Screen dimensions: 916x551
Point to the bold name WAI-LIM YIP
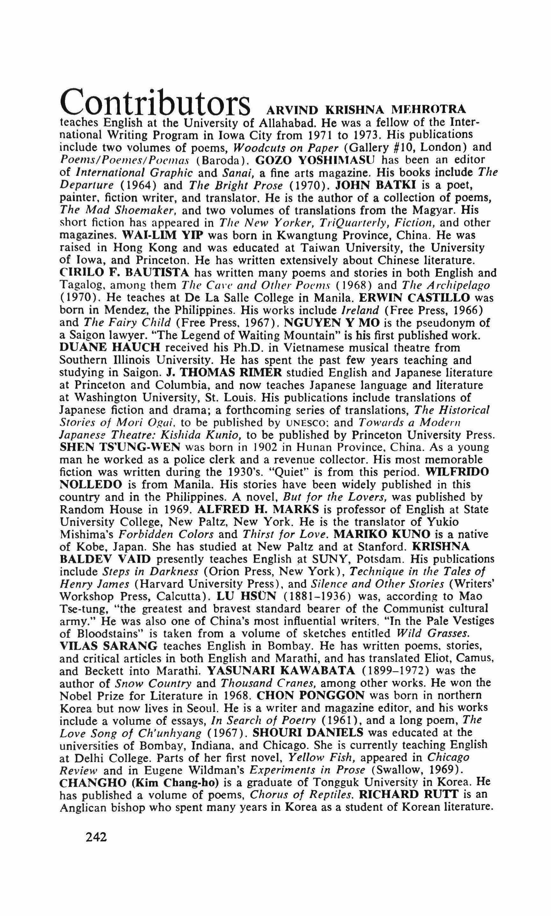[162, 235]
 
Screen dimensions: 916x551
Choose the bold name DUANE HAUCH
[110, 348]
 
